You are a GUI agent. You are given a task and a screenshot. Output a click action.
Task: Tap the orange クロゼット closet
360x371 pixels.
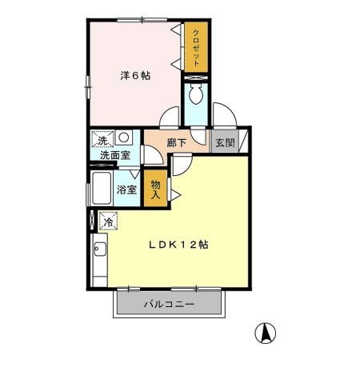(x=195, y=47)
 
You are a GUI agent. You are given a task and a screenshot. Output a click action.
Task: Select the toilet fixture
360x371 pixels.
(x=195, y=96)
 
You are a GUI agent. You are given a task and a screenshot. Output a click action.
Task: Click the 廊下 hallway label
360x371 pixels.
(x=177, y=142)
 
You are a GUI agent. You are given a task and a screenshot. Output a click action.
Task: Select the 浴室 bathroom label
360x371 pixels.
(x=126, y=190)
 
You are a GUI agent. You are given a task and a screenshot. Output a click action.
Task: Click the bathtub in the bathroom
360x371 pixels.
(x=101, y=189)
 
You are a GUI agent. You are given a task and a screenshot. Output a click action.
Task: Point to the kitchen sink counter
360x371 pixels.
(x=99, y=260)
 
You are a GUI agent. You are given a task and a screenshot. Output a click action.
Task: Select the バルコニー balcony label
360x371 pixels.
(x=167, y=304)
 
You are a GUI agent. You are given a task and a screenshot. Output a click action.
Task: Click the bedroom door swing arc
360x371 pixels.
(x=169, y=118)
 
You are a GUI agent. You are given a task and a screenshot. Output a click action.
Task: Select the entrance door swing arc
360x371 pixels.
(x=225, y=118)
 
